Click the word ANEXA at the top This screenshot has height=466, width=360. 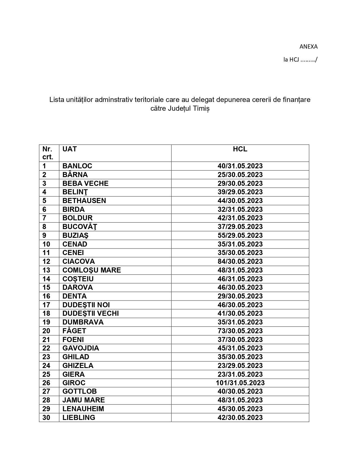click(x=308, y=47)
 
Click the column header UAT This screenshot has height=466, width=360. click(x=69, y=149)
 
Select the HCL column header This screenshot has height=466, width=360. click(x=240, y=149)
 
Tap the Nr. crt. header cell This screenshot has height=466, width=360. click(x=48, y=153)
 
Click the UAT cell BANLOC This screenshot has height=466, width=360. click(x=77, y=166)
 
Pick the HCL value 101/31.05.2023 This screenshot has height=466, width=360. click(x=240, y=383)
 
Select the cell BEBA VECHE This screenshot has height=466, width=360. click(x=85, y=183)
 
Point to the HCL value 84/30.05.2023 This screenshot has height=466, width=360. click(x=240, y=261)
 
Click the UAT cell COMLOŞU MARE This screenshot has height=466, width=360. click(x=91, y=270)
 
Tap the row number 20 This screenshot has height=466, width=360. click(x=46, y=331)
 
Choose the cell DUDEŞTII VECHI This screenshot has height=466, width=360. click(x=90, y=313)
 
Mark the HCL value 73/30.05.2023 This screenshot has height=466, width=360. click(x=240, y=331)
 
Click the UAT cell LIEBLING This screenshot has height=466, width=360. click(x=79, y=417)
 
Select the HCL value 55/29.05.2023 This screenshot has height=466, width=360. click(x=240, y=235)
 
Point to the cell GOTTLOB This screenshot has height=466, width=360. click(x=79, y=391)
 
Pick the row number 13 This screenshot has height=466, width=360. click(x=46, y=270)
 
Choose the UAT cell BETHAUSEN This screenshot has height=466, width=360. click(x=84, y=201)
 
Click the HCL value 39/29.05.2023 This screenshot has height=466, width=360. click(x=240, y=192)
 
